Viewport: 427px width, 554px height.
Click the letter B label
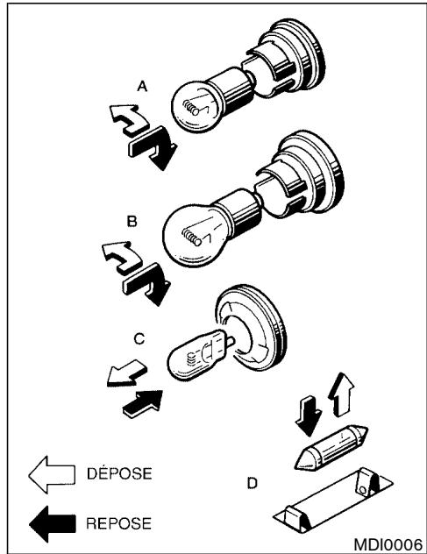pyautogui.click(x=131, y=224)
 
